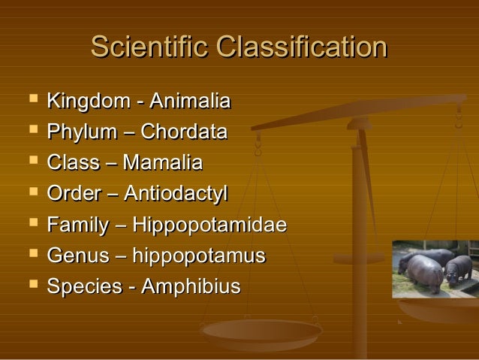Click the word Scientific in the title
pos(149,47)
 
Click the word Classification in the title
pos(301,47)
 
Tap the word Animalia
pos(190,101)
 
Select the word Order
pos(71,194)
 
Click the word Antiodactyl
pos(176,194)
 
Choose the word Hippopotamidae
pos(209,225)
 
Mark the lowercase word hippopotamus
pos(199,256)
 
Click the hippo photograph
pos(435,268)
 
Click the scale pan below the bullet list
pos(262,331)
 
